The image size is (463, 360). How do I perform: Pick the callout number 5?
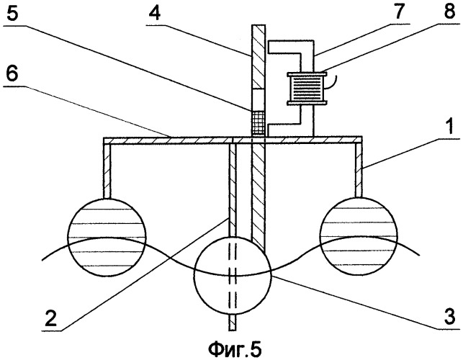point(16,12)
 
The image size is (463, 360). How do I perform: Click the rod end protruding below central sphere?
point(232,317)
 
